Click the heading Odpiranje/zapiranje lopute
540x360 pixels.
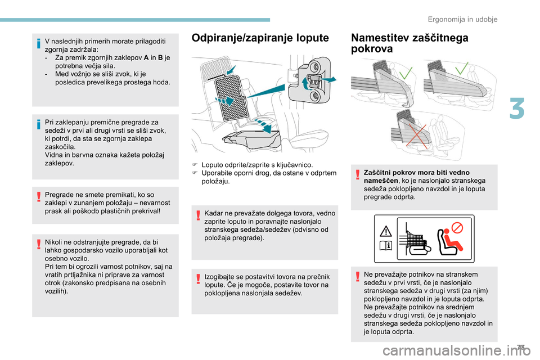[x=260, y=38]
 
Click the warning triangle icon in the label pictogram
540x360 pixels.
[x=387, y=231]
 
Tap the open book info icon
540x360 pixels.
[x=387, y=245]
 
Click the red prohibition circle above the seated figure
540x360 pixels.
[x=457, y=228]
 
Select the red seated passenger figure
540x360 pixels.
[x=448, y=244]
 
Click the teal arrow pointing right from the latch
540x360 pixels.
[x=330, y=79]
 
